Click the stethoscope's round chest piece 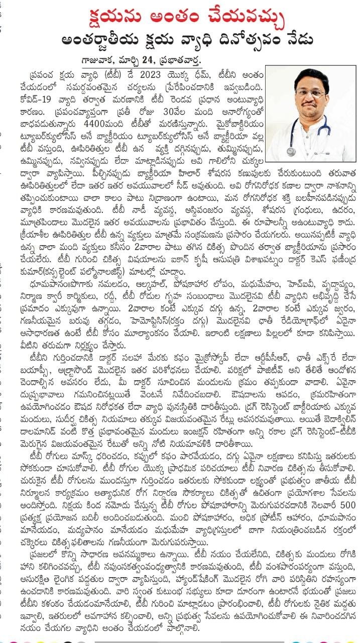pyautogui.click(x=291, y=152)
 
